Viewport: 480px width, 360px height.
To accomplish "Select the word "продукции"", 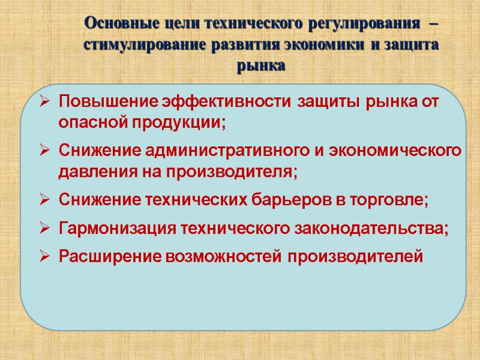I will (x=181, y=122).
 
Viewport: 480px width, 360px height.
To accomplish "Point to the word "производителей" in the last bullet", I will (x=355, y=257).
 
